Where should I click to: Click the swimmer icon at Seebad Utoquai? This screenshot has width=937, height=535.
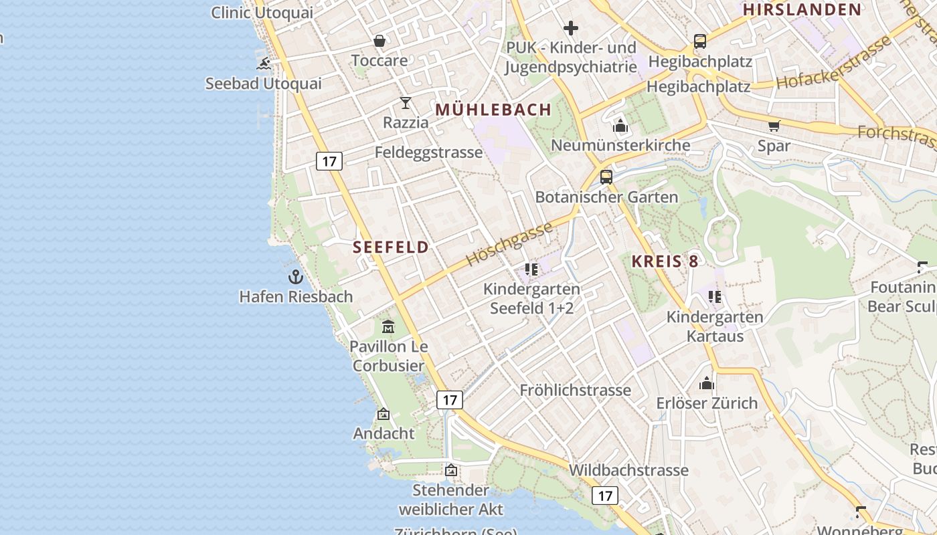pyautogui.click(x=264, y=64)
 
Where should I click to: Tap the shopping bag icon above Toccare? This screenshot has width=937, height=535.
pyautogui.click(x=379, y=41)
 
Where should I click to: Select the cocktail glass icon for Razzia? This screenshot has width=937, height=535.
pyautogui.click(x=406, y=102)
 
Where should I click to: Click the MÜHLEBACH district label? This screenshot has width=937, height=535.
pyautogui.click(x=494, y=110)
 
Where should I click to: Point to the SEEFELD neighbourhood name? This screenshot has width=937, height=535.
pyautogui.click(x=391, y=247)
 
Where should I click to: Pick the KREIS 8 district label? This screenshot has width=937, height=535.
pyautogui.click(x=665, y=262)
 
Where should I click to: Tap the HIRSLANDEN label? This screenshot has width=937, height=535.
pyautogui.click(x=802, y=9)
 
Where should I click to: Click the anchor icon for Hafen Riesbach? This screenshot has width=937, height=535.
pyautogui.click(x=296, y=276)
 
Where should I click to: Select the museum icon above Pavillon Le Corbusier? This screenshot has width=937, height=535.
pyautogui.click(x=388, y=326)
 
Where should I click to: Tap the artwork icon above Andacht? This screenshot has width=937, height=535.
pyautogui.click(x=384, y=414)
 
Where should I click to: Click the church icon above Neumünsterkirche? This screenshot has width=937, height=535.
pyautogui.click(x=620, y=126)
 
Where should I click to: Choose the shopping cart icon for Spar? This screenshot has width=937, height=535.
pyautogui.click(x=774, y=126)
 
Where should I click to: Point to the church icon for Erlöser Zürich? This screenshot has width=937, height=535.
pyautogui.click(x=707, y=384)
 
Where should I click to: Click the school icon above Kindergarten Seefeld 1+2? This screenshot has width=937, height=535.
pyautogui.click(x=531, y=270)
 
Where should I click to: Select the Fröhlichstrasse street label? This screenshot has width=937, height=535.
pyautogui.click(x=576, y=390)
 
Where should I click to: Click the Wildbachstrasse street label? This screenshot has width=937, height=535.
pyautogui.click(x=628, y=470)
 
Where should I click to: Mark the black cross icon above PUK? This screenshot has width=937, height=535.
pyautogui.click(x=571, y=28)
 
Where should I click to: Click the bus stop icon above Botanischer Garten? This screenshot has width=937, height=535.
pyautogui.click(x=606, y=177)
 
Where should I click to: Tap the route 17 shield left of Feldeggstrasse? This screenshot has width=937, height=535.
pyautogui.click(x=329, y=161)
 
